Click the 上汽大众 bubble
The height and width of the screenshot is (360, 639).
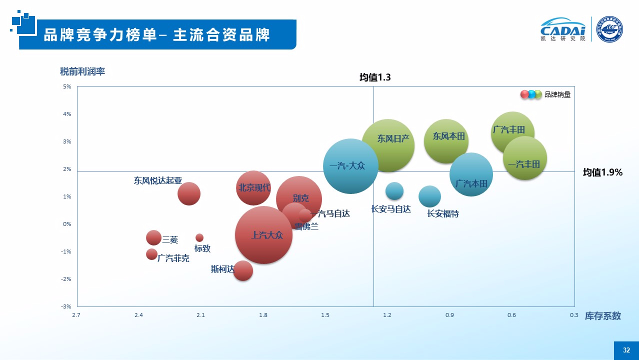coord(263,235)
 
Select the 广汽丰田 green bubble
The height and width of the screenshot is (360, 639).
coord(512,133)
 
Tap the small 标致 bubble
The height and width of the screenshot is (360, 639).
coord(199,237)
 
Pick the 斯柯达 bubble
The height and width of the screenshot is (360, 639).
coord(243,270)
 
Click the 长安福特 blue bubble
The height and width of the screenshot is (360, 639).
coord(429,196)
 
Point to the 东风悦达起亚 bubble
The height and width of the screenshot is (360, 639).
coord(189,193)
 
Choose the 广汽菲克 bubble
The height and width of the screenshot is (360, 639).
coord(152,254)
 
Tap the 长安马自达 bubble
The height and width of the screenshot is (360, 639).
coord(394,190)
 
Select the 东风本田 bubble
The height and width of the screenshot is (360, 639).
coord(446,141)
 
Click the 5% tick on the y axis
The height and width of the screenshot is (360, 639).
coord(67,87)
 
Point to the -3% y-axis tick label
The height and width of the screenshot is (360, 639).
coord(66,306)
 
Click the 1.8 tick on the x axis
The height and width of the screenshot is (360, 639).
coord(263,315)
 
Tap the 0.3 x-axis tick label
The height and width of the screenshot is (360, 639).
coord(574,315)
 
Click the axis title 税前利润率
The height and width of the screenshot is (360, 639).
coord(82,71)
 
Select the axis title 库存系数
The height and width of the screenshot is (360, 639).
coord(603,316)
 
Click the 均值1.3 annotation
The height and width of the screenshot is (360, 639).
coord(374,77)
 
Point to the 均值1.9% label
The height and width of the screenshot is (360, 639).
coord(602,172)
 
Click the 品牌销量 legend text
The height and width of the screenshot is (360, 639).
coord(557,94)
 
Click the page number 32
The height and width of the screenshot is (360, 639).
coord(626,350)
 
